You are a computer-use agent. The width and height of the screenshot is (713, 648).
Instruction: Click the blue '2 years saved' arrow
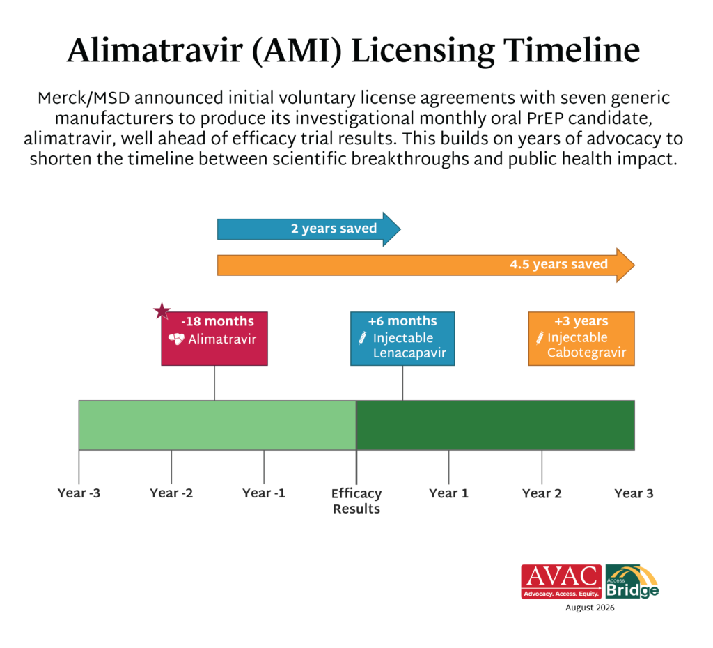[x=308, y=229]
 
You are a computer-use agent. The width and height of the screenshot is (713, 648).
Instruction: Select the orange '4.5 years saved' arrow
[x=425, y=265]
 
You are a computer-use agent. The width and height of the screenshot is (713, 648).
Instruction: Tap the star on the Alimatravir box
[x=162, y=311]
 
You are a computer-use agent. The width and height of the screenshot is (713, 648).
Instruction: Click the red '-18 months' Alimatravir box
[x=214, y=339]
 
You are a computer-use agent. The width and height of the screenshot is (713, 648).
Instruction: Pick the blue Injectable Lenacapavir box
[x=402, y=339]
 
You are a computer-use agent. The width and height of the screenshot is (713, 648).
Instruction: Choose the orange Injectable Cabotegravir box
[x=581, y=339]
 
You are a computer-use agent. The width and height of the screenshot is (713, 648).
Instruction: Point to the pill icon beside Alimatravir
[x=176, y=339]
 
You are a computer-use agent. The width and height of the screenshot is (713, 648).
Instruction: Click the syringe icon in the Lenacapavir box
[x=362, y=338]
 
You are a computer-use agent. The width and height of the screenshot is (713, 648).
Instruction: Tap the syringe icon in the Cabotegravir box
[x=540, y=338]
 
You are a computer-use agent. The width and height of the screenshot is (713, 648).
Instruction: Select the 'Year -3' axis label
[x=79, y=493]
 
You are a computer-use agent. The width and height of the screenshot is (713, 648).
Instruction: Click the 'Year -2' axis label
[x=171, y=493]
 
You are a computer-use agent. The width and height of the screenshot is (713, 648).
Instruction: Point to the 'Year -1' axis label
[x=264, y=493]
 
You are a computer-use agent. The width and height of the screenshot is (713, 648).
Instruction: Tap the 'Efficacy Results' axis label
[x=356, y=501]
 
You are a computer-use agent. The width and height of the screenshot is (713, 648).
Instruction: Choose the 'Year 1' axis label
[x=449, y=493]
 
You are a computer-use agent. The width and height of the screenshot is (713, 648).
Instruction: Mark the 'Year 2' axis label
[x=542, y=493]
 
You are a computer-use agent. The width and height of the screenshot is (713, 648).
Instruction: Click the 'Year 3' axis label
[x=634, y=493]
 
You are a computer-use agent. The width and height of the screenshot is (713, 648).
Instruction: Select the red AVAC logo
[x=562, y=582]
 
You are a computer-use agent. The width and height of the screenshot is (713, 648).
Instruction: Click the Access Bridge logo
[x=632, y=582]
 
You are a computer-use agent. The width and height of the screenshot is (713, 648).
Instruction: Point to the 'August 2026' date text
[x=590, y=608]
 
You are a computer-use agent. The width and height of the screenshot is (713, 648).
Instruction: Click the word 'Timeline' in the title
[x=572, y=50]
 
